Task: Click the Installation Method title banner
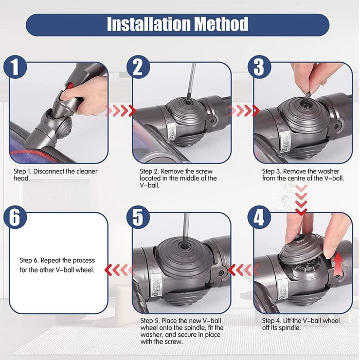tap(177, 24)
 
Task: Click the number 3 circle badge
tap(260, 67)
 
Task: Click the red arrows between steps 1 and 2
tap(120, 111)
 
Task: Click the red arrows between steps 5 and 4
tap(241, 268)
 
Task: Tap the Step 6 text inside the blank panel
tap(57, 265)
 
